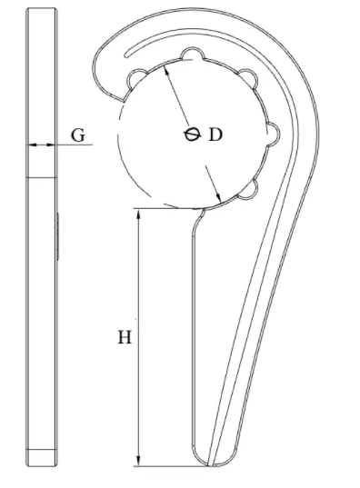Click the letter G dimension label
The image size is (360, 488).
pyautogui.click(x=77, y=135)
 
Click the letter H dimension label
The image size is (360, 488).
pyautogui.click(x=125, y=337)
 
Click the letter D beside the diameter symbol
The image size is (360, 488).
pyautogui.click(x=215, y=134)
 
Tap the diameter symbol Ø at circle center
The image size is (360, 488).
pyautogui.click(x=192, y=134)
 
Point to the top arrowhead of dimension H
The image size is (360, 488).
pyautogui.click(x=138, y=214)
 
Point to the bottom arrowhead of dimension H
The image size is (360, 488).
pyautogui.click(x=138, y=460)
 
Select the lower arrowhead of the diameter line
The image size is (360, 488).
pyautogui.click(x=218, y=195)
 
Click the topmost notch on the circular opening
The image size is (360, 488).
pyautogui.click(x=193, y=54)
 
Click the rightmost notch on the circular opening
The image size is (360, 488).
pyautogui.click(x=274, y=134)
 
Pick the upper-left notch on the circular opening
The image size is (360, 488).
pyautogui.click(x=136, y=78)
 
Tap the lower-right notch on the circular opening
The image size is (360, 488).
pyautogui.click(x=249, y=189)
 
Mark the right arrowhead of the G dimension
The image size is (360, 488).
pyautogui.click(x=50, y=144)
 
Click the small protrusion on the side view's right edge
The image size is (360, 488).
pyautogui.click(x=57, y=236)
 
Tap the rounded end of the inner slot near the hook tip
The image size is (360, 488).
pyautogui.click(x=126, y=55)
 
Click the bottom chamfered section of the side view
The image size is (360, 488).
pyautogui.click(x=42, y=457)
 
